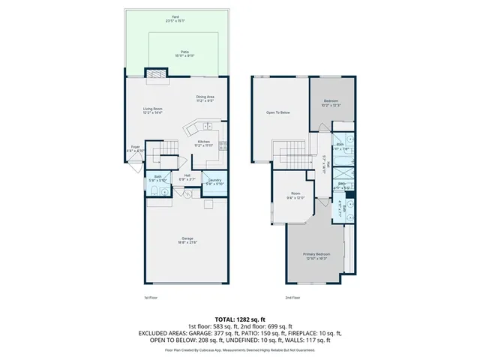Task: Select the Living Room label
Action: (x=154, y=109)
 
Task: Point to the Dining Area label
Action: (x=205, y=97)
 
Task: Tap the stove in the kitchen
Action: (x=222, y=147)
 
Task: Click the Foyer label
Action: (x=135, y=148)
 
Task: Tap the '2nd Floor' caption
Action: (x=292, y=298)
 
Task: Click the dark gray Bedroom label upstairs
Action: (x=331, y=102)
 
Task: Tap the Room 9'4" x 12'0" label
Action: (x=296, y=197)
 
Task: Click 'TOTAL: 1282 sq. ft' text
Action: (x=240, y=319)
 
